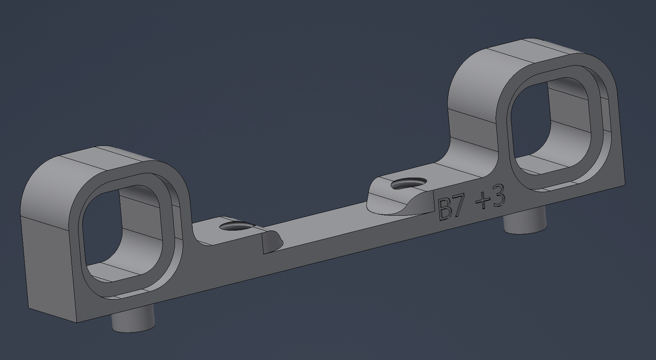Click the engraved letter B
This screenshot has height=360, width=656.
[x=445, y=209]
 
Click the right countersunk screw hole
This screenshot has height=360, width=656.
[x=408, y=183]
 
